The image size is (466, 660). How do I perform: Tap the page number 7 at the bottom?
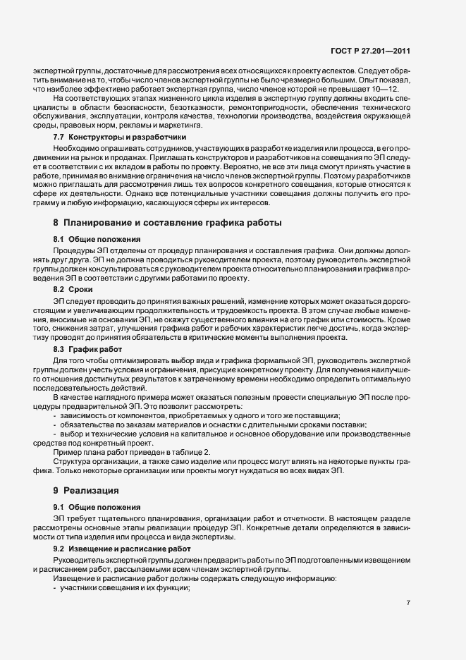(408, 603)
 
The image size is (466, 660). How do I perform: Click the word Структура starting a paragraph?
(73, 461)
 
